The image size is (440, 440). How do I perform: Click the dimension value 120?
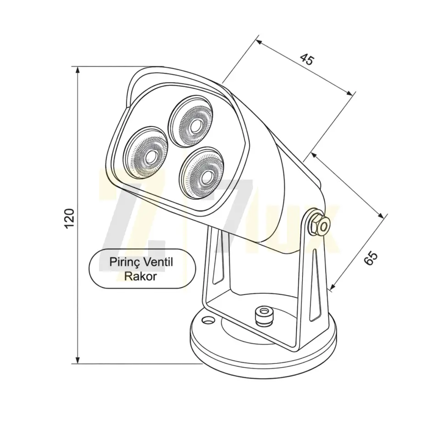(x=69, y=218)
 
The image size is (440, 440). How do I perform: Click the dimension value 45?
(x=307, y=59)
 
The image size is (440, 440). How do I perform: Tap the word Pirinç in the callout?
(x=124, y=262)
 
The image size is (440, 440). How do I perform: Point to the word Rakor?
(x=141, y=276)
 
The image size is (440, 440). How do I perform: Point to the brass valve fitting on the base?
(x=263, y=315)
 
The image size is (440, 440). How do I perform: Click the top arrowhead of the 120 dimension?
(x=78, y=70)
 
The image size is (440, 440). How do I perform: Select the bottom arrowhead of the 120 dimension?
(x=78, y=360)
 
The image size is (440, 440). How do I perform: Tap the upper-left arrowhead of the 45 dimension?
(x=259, y=42)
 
